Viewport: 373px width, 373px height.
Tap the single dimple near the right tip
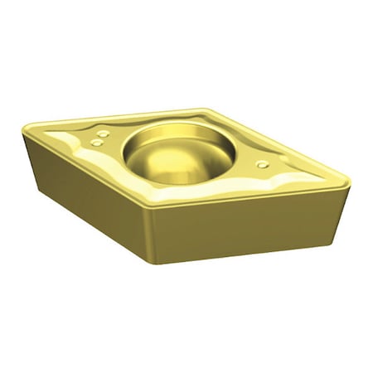click(x=262, y=164)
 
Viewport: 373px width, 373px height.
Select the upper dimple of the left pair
click(x=103, y=133)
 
